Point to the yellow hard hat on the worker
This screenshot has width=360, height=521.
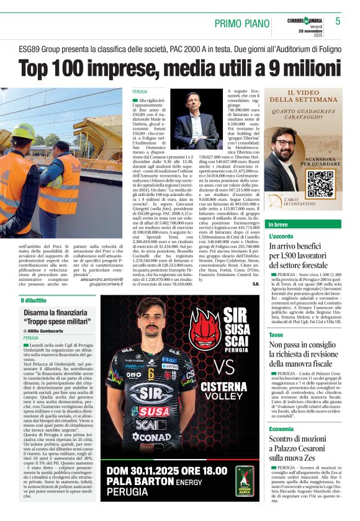point(22,131)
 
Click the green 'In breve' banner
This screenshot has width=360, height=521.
point(304,224)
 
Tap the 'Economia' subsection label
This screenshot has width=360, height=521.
point(282,429)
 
